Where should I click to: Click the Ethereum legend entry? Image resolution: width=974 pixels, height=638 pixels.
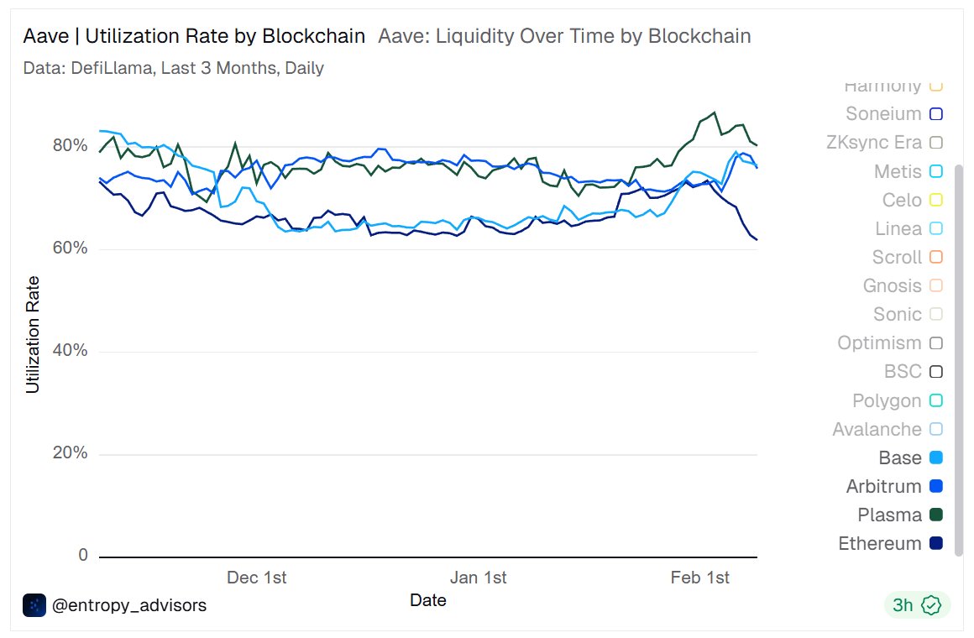pos(879,544)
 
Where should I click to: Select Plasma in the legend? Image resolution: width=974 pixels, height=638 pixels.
pos(889,515)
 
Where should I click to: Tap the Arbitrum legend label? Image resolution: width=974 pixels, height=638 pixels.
pos(883,487)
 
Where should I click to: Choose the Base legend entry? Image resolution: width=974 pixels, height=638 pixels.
pos(900,458)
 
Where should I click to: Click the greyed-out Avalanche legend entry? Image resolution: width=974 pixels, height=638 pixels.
pos(877,430)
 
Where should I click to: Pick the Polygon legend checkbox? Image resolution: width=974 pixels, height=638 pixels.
pos(936,401)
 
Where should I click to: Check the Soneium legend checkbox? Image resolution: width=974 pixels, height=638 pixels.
pos(936,114)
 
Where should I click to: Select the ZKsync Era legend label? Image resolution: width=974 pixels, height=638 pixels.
pos(873,143)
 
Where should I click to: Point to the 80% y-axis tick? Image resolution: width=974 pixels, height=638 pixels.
pos(71,145)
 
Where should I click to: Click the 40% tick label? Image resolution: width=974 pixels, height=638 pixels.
pos(71,350)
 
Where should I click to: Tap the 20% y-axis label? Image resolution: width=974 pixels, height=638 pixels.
pos(71,453)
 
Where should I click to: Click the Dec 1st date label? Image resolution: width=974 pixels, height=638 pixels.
pos(257,578)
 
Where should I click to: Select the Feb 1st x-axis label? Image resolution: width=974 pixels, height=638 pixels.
pos(700,578)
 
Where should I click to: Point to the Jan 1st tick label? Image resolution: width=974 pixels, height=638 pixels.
pos(479,578)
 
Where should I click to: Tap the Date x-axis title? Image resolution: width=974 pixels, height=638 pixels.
pos(428,600)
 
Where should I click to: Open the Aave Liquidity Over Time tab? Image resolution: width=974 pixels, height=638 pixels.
pos(564,36)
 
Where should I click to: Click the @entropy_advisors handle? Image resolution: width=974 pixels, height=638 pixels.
pos(128,604)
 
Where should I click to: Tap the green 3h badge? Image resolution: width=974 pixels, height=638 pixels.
pos(916,604)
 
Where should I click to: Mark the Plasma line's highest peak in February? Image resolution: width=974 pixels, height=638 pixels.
pos(714,112)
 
